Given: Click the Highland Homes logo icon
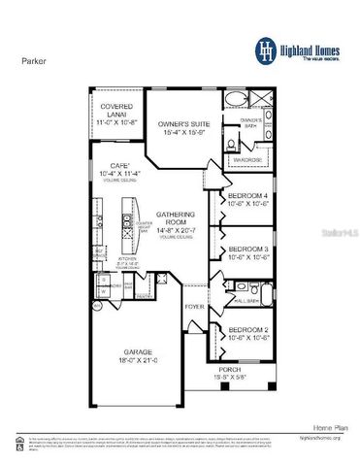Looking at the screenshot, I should pos(265,50).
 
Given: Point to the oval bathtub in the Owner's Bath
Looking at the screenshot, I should pos(239,99).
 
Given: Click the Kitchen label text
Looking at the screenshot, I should pos(127,258).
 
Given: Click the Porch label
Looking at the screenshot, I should pos(230,370).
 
